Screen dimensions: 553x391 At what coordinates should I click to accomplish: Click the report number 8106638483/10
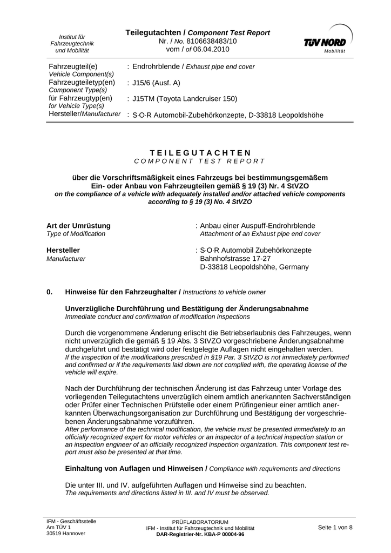pyautogui.click(x=210, y=41)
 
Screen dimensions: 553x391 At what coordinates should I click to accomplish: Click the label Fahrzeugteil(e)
pyautogui.click(x=73, y=66)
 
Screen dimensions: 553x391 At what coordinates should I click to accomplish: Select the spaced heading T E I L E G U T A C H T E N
pyautogui.click(x=200, y=153)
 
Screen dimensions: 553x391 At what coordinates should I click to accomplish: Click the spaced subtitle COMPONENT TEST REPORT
pyautogui.click(x=200, y=161)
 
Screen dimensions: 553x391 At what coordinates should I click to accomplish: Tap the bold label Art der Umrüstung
pyautogui.click(x=79, y=225)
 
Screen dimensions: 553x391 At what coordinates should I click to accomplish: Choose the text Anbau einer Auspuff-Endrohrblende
pyautogui.click(x=258, y=225)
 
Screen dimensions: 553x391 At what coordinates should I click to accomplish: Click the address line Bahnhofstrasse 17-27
pyautogui.click(x=235, y=259)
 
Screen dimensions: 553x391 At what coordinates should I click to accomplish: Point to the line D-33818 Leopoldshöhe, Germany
pyautogui.click(x=254, y=267)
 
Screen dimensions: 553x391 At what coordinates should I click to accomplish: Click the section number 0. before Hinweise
pyautogui.click(x=50, y=292)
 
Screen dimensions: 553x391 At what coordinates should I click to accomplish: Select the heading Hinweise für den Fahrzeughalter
pyautogui.click(x=121, y=292)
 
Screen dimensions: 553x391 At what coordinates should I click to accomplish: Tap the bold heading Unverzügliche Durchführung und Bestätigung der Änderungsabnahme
pyautogui.click(x=187, y=308)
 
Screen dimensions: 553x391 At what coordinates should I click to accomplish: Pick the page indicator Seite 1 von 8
pyautogui.click(x=335, y=528)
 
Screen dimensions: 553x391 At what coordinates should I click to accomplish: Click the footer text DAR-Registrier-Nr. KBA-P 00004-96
pyautogui.click(x=200, y=534)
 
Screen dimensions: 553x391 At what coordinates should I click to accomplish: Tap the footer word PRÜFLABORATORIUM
pyautogui.click(x=200, y=522)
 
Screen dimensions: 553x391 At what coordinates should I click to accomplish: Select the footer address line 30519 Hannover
pyautogui.click(x=66, y=533)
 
